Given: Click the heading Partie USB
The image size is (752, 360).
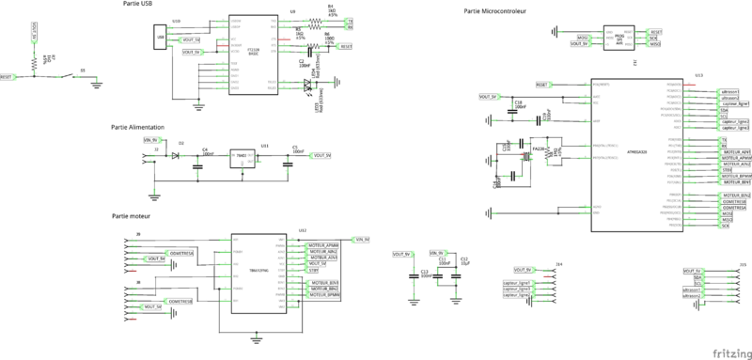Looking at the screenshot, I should pos(139,4).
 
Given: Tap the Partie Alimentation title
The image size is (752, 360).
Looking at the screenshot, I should pos(137,126).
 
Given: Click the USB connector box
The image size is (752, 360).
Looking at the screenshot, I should pos(161,38).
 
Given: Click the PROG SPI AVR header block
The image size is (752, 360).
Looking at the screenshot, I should pos(619,37).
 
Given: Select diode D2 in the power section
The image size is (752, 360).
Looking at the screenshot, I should pos(176,153).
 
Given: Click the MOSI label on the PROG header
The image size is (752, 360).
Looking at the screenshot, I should pos(582,37).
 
